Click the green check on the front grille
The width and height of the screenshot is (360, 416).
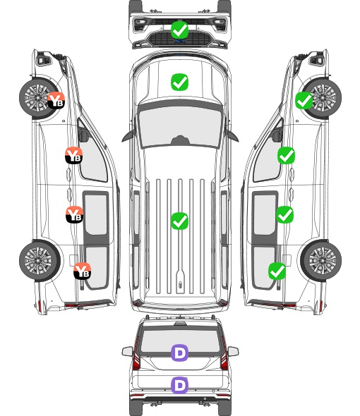coord(179,30)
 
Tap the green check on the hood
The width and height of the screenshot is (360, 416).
coord(179,82)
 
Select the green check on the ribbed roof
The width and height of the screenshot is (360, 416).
coord(179,221)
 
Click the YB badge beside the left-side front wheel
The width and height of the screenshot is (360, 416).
coord(56,100)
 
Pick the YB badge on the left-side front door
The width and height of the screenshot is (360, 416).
coord(74,155)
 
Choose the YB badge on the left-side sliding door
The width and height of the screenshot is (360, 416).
coord(74,214)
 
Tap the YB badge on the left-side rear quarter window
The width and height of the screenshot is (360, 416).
coord(83,271)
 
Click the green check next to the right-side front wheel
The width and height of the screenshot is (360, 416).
coord(304,101)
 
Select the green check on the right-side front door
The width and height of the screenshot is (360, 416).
coord(286,155)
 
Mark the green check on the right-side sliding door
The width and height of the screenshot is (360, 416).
coord(285,214)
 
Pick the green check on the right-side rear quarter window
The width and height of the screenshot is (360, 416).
coord(277,271)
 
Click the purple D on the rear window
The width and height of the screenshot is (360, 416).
coord(179,353)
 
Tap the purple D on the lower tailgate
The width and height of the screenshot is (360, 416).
coord(179,385)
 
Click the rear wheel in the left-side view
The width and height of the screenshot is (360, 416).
coord(40,261)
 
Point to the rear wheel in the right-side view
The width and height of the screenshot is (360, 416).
coord(321,261)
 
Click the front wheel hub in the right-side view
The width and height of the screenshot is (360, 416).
coord(323,97)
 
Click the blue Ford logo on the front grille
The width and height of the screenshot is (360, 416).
coord(180,41)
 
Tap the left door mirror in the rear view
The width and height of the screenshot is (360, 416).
coord(127,351)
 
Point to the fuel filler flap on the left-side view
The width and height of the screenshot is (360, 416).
coord(73,260)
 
